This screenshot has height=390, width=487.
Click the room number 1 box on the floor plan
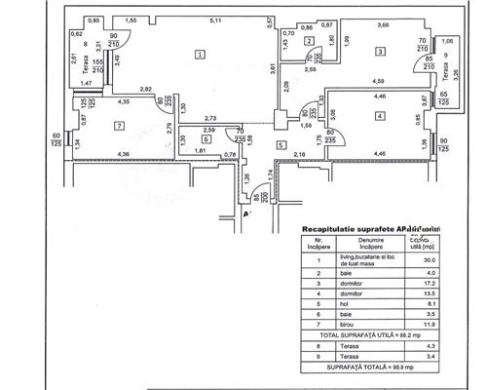[x=200, y=56]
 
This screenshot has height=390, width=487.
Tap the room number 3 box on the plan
[x=376, y=50]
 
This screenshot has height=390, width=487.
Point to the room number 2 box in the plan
[x=308, y=40]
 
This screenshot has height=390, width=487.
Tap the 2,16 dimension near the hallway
[x=300, y=154]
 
